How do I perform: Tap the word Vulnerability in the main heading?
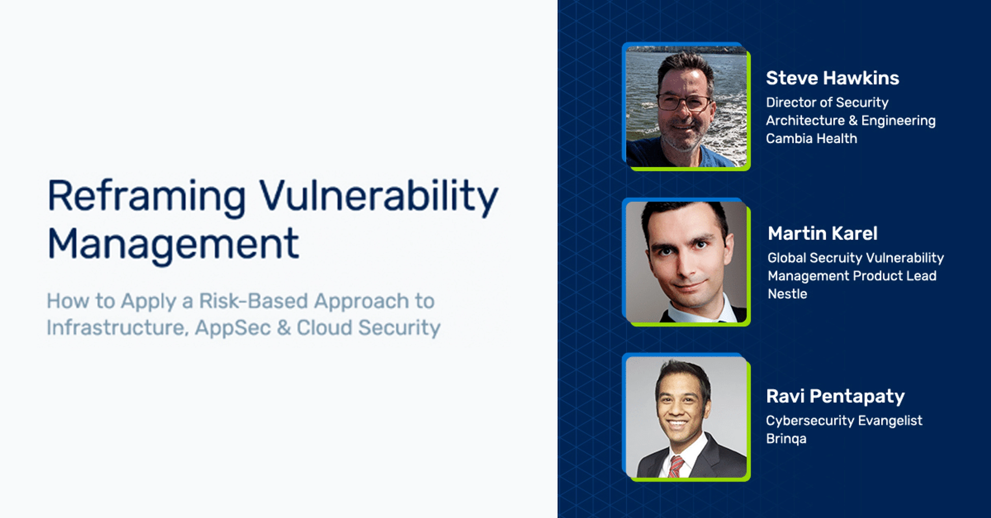coord(379,196)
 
